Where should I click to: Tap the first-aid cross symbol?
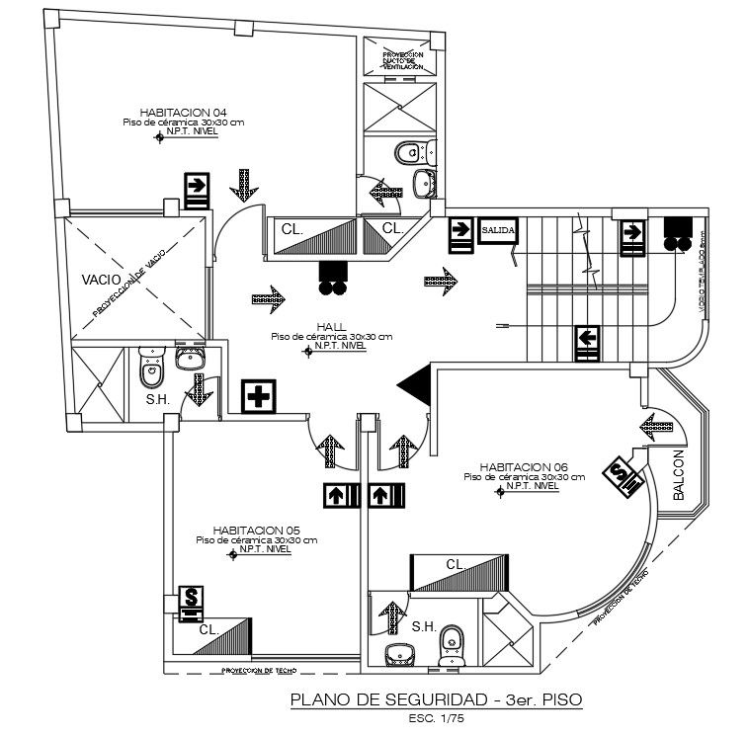260,398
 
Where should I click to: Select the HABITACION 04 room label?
184,112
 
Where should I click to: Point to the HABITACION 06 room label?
524,466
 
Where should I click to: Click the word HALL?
331,326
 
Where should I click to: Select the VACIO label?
102,280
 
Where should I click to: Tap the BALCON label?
679,476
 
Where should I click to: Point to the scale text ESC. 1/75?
436,718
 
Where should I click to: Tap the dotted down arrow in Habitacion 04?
243,184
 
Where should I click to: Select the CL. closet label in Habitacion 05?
208,628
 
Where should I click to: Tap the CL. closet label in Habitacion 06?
455,564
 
